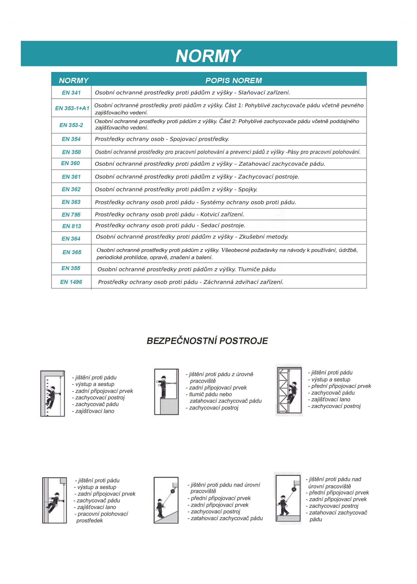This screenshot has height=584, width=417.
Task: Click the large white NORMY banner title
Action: coord(208,56)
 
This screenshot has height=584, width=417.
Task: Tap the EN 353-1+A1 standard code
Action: coord(72,108)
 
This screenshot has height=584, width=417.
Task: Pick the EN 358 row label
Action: coord(71,152)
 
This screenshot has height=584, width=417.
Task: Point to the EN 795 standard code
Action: coord(71,215)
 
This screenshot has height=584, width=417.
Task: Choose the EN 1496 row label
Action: coord(71,282)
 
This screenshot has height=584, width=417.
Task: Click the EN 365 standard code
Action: coord(72,252)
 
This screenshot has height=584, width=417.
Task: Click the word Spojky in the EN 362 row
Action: coord(248,189)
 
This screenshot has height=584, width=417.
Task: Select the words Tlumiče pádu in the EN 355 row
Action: coord(257,269)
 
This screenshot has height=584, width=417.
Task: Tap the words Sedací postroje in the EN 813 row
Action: coord(223,226)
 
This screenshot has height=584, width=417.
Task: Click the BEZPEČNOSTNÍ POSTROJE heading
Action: coord(207,341)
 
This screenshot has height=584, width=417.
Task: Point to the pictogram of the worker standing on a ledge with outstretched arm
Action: coord(166,392)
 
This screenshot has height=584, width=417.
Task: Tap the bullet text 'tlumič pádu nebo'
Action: coord(210,394)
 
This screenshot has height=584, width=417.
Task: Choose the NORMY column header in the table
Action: coord(74,80)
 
